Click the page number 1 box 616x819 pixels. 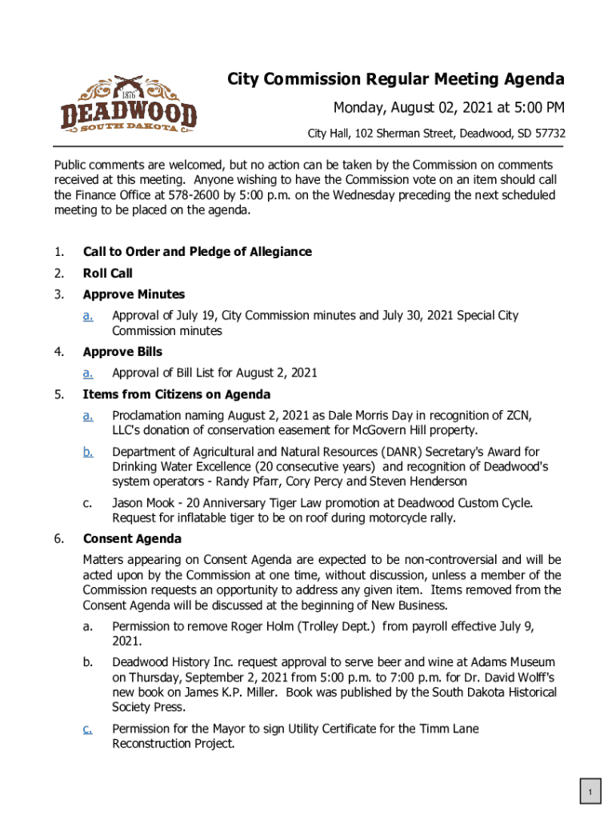(x=589, y=793)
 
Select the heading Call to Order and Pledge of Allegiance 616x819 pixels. (x=197, y=252)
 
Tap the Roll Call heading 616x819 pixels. (x=107, y=274)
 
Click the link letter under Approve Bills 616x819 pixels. (x=88, y=373)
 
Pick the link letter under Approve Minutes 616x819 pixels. (x=88, y=316)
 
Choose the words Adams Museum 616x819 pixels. (x=509, y=663)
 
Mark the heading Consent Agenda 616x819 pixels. (x=132, y=538)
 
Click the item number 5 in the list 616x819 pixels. (x=59, y=394)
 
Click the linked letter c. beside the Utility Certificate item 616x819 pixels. (x=88, y=729)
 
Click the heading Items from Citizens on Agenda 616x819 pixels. (x=177, y=394)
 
